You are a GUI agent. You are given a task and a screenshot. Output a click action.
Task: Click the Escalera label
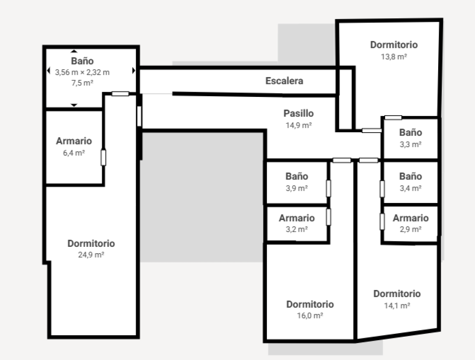pos(284,81)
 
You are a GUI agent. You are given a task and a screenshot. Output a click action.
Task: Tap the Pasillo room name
pos(298,114)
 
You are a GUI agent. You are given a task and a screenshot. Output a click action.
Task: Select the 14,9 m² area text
pos(298,125)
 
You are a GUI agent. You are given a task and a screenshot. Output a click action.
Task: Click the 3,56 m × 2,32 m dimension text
pos(82,72)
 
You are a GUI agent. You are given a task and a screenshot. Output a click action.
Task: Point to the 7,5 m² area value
pos(82,83)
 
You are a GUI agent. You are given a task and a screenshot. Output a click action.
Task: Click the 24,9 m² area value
pos(91,255)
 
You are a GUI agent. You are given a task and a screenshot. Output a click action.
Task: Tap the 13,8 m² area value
pos(394,57)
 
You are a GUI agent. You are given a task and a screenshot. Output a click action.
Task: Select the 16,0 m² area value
pos(310,316)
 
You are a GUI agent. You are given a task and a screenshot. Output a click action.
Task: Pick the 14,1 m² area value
pos(397,305)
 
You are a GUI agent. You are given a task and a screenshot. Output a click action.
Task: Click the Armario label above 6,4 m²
pos(74,141)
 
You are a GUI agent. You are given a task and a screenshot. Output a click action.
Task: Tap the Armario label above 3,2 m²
pos(297,218)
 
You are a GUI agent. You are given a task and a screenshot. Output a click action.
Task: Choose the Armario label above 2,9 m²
pos(410,218)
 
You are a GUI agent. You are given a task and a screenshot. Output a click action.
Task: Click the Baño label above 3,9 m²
pos(297,176)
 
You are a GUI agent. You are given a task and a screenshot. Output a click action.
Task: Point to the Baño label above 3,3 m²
pos(410,133)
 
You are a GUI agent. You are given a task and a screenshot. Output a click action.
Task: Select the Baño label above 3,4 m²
pos(410,176)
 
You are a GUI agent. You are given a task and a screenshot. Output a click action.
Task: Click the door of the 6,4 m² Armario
pos(103,157)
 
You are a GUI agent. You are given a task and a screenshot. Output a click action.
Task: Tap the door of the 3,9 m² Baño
pos(329,188)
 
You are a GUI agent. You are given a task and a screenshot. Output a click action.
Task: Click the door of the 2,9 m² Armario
pos(382,221)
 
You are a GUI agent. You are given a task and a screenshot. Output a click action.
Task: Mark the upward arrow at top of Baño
pos(74,51)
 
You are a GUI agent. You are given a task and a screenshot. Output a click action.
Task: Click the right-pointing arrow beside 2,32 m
pos(133,70)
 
